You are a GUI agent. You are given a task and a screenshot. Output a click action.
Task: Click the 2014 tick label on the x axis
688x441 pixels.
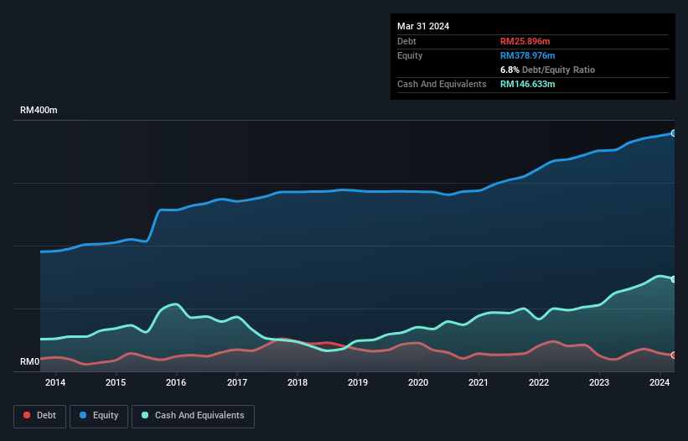[x=55, y=383]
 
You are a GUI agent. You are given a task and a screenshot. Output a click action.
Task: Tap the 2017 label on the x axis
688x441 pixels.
[x=237, y=383]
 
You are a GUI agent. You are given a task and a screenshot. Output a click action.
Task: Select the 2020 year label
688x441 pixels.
[x=418, y=383]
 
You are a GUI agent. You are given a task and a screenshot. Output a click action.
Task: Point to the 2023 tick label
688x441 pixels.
[x=599, y=383]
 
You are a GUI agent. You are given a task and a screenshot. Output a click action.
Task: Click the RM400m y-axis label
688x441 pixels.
[x=39, y=111]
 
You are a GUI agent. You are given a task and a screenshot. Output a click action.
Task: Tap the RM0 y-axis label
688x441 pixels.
[x=30, y=362]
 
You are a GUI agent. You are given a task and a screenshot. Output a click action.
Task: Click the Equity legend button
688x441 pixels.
[x=99, y=415]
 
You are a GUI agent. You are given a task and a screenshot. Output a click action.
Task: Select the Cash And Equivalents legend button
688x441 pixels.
[x=193, y=415]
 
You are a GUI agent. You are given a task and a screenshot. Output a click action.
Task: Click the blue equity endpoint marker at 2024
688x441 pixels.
[x=673, y=133]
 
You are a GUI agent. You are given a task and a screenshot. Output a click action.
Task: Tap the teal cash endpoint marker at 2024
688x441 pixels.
[x=673, y=279]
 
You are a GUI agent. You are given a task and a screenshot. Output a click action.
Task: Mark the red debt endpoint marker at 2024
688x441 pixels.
[x=673, y=355]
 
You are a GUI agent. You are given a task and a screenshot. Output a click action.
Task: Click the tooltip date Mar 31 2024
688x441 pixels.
[x=423, y=26]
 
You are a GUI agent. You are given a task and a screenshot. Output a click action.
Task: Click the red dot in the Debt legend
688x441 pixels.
[x=28, y=415]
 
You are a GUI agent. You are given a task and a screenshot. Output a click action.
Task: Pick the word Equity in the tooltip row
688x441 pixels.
[x=410, y=55]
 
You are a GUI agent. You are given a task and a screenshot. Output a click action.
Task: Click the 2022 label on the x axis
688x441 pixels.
[x=539, y=383]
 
